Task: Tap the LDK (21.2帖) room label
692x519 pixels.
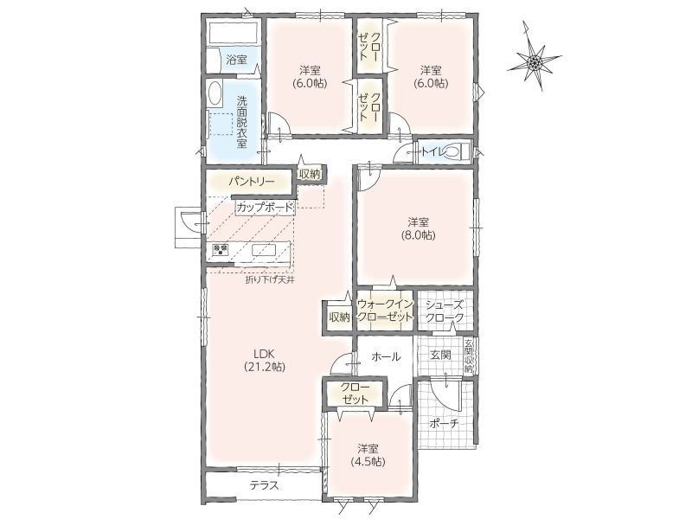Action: pos(265,360)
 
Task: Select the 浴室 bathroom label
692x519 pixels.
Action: pos(236,60)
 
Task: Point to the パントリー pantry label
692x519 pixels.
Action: pos(252,182)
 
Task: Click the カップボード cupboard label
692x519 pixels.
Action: pos(265,207)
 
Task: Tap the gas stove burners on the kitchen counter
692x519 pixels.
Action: pos(221,250)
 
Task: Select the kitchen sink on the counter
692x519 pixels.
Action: pos(264,250)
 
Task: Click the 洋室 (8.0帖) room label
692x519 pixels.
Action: pos(418,228)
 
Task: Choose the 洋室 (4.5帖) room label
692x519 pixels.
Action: pos(368,455)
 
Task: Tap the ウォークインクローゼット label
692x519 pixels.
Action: pos(385,311)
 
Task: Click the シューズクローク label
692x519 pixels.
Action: pos(445,311)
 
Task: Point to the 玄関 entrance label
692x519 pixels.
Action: pos(440,355)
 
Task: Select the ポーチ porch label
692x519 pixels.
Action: pos(445,423)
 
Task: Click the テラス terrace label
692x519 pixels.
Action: pos(265,485)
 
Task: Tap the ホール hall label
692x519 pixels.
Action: pos(385,356)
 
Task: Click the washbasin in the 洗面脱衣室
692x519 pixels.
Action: pos(215,93)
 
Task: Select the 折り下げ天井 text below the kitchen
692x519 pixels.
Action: pos(270,279)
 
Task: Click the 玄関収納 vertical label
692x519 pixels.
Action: pos(468,356)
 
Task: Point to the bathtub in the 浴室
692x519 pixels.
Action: pos(233,33)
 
